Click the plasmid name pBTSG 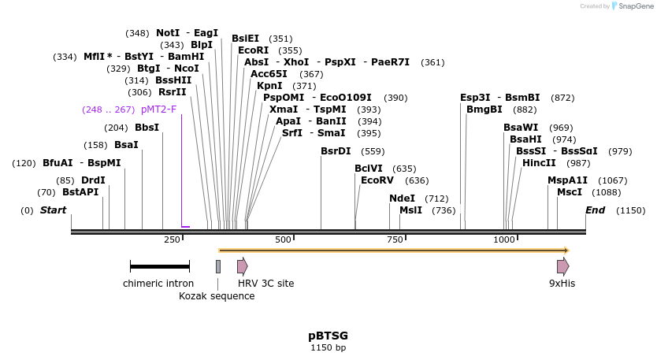328,336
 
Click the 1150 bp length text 328,347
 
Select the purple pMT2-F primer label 158,109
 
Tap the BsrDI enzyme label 336,151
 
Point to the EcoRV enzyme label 377,180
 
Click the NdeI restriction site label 402,199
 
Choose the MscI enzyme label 569,192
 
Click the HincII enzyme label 539,163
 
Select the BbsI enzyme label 147,128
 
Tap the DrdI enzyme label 93,180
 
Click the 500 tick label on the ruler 283,239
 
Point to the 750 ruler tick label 394,239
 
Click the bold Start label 53,210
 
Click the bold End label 595,210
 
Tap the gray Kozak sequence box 218,266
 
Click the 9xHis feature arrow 562,266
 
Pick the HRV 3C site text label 265,284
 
